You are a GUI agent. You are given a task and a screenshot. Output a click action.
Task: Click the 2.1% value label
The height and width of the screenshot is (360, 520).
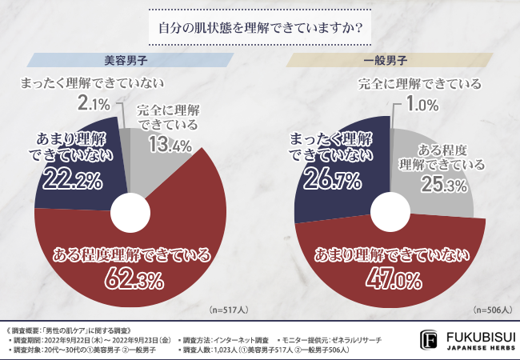(x=94, y=103)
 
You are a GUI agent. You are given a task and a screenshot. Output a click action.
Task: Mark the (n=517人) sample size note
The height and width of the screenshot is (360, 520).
(x=229, y=309)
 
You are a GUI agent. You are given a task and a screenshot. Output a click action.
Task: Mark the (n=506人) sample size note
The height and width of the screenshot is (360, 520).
(x=490, y=309)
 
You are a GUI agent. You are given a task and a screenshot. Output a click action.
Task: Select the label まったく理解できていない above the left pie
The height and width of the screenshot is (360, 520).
(x=90, y=82)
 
